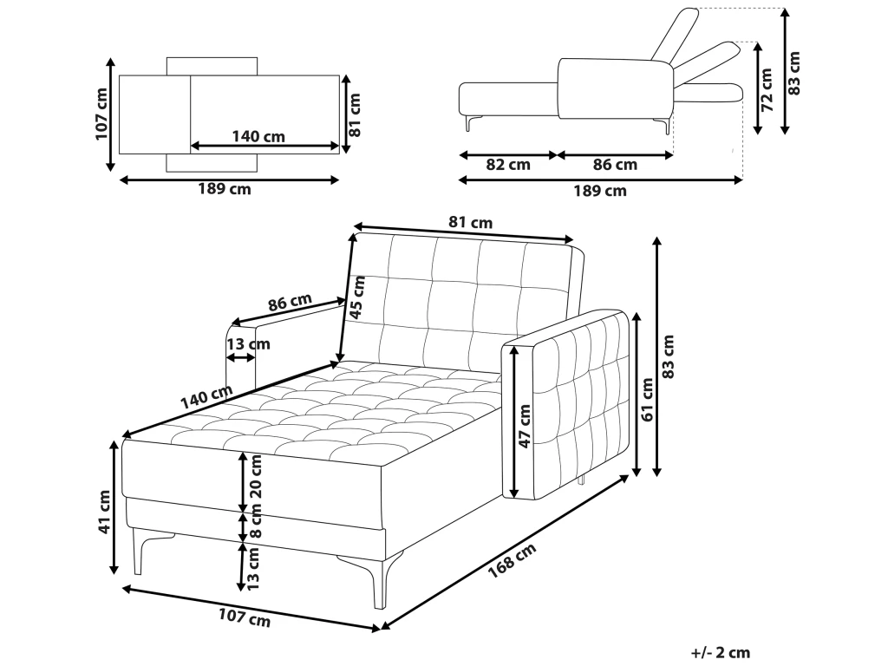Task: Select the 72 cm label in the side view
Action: pos(767,86)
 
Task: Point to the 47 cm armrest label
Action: pos(525,427)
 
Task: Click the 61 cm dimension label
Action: pos(648,399)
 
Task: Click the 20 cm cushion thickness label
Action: pos(254,482)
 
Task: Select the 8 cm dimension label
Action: pos(255,526)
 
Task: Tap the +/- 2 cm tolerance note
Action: pos(720,652)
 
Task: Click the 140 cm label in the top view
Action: pos(258,136)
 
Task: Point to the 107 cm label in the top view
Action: pos(101,114)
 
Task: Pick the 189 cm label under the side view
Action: pos(602,191)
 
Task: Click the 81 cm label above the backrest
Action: pos(470,223)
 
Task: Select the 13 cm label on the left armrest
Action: pos(248,344)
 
